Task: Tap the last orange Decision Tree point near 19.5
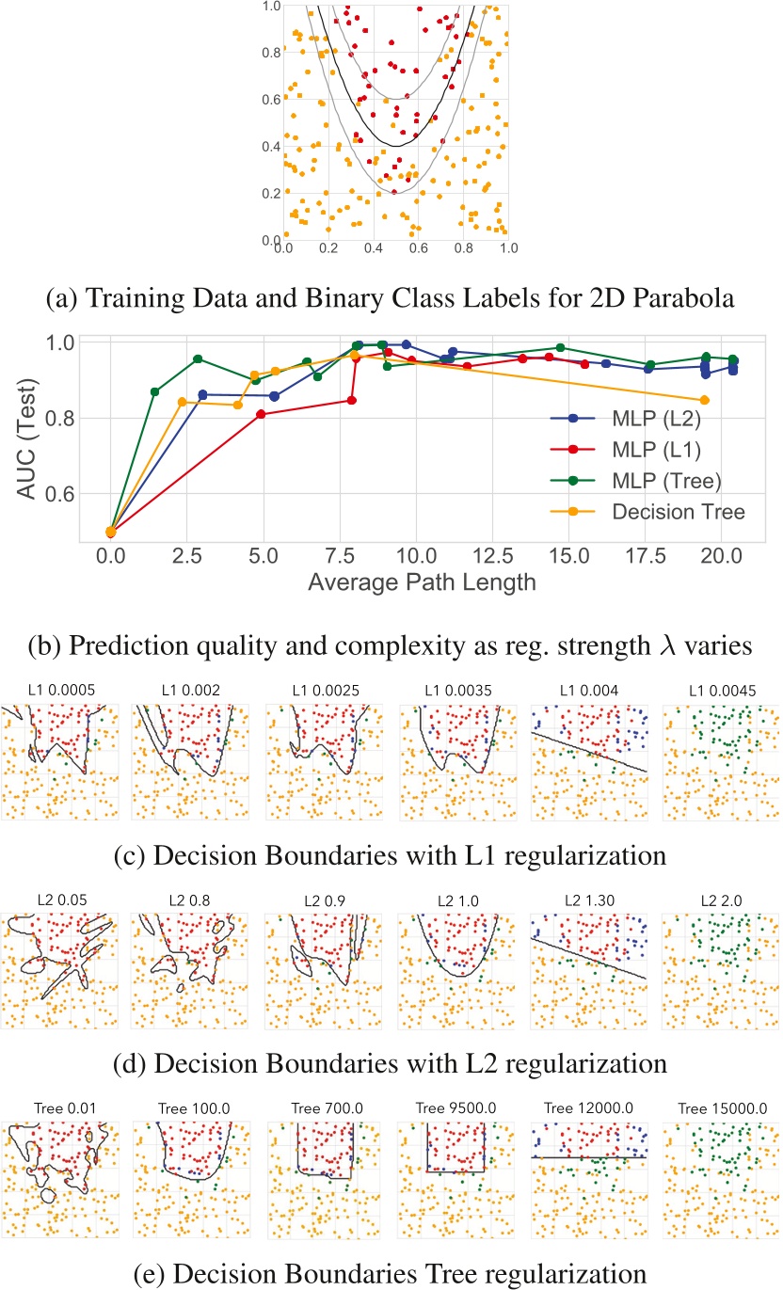coord(705,401)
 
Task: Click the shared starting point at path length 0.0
coord(111,532)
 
